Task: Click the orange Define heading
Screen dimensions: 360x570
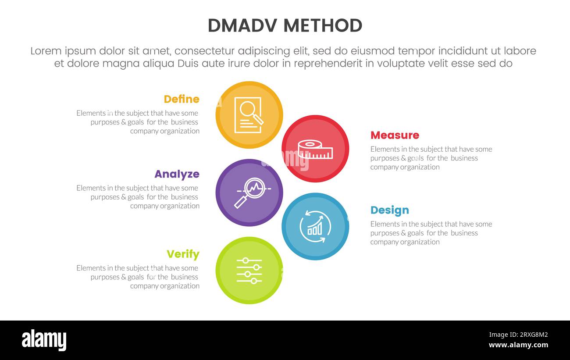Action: click(x=182, y=99)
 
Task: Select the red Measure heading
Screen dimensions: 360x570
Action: click(x=395, y=135)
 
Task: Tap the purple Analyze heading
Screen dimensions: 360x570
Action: click(x=177, y=174)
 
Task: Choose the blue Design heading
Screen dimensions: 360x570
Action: click(x=389, y=210)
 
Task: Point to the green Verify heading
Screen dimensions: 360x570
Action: click(x=183, y=254)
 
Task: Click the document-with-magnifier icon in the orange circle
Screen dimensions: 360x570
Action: click(x=249, y=115)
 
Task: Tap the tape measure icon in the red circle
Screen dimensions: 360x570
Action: click(x=315, y=149)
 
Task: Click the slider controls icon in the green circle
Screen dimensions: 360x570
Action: click(x=249, y=271)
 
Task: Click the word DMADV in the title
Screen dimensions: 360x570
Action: click(x=242, y=26)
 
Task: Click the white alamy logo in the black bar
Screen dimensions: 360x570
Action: click(x=44, y=340)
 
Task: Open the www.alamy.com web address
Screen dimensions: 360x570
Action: click(x=518, y=345)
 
